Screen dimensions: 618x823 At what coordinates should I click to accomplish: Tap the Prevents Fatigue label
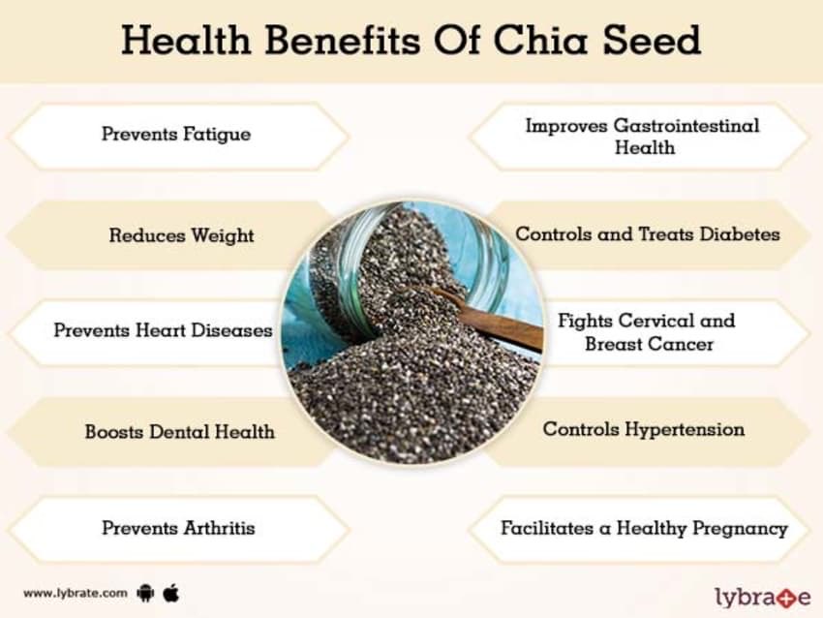pyautogui.click(x=175, y=134)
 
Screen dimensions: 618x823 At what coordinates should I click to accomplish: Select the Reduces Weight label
pyautogui.click(x=181, y=234)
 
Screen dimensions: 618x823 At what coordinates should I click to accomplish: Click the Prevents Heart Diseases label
pyautogui.click(x=163, y=330)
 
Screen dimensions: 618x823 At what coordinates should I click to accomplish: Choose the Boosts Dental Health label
pyautogui.click(x=179, y=431)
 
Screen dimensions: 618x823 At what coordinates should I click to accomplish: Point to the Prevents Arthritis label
pyautogui.click(x=178, y=528)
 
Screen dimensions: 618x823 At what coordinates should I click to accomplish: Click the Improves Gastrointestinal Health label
pyautogui.click(x=643, y=137)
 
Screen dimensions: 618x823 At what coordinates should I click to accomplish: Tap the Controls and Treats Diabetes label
pyautogui.click(x=647, y=234)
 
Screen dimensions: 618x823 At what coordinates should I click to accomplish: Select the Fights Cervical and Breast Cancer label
pyautogui.click(x=647, y=332)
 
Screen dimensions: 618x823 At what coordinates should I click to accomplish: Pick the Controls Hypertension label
pyautogui.click(x=643, y=429)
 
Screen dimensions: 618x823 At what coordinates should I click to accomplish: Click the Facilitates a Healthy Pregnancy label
pyautogui.click(x=643, y=529)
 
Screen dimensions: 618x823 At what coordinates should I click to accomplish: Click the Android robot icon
pyautogui.click(x=146, y=591)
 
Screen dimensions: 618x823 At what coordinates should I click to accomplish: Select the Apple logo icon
pyautogui.click(x=171, y=591)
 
